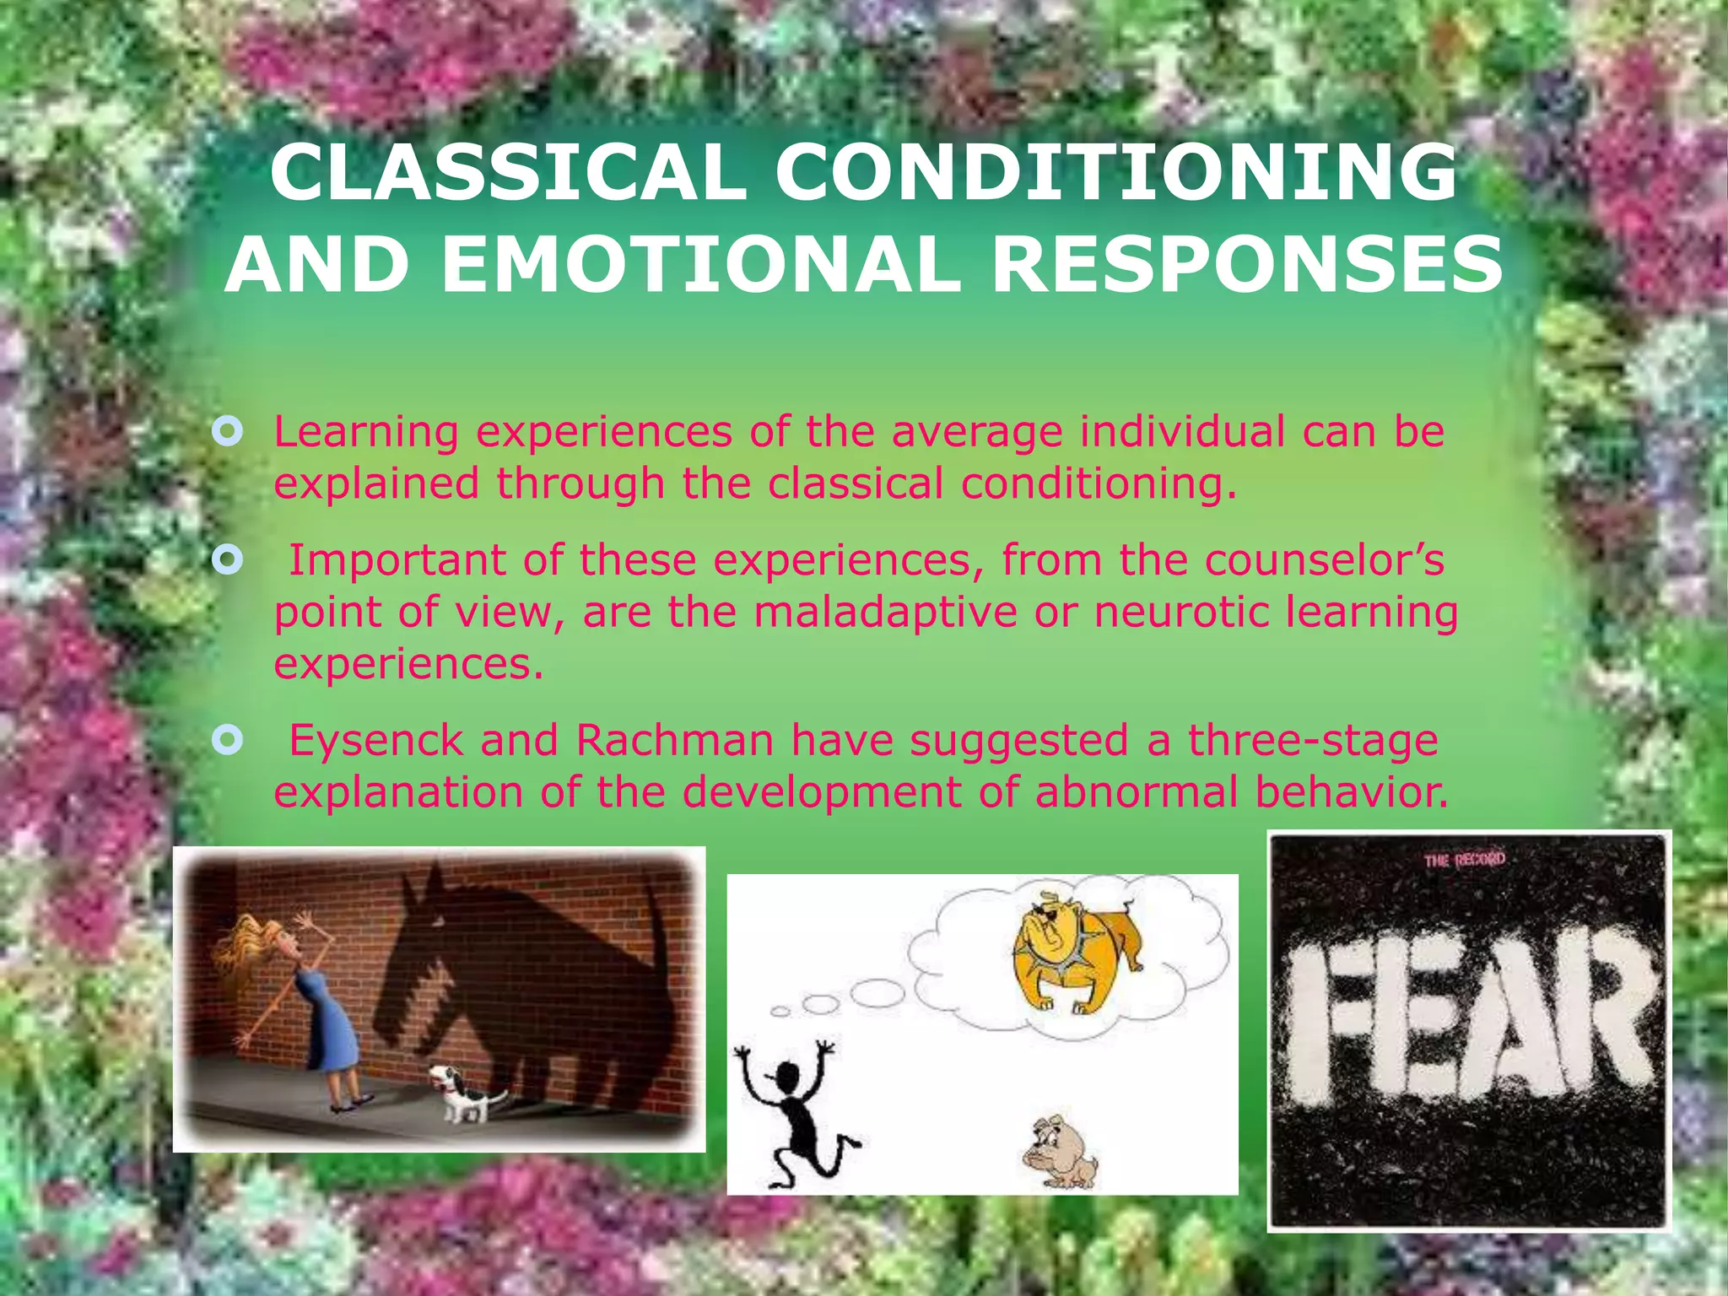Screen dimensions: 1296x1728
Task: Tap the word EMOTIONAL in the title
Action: (700, 264)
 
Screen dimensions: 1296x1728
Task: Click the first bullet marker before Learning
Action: (228, 433)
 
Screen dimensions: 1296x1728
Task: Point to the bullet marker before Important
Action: (228, 560)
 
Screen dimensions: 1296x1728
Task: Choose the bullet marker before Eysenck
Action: (228, 741)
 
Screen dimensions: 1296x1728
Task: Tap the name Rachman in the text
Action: (674, 741)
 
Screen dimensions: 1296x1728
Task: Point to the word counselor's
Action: (1325, 560)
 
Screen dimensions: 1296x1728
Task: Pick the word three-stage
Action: (1313, 741)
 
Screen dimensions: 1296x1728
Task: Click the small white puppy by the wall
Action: (460, 1093)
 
